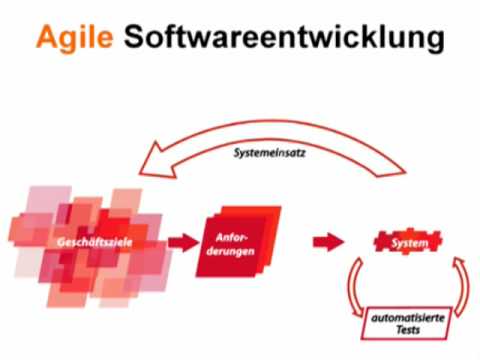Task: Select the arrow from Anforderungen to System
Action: coord(326,241)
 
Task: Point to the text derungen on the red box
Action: coord(236,252)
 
